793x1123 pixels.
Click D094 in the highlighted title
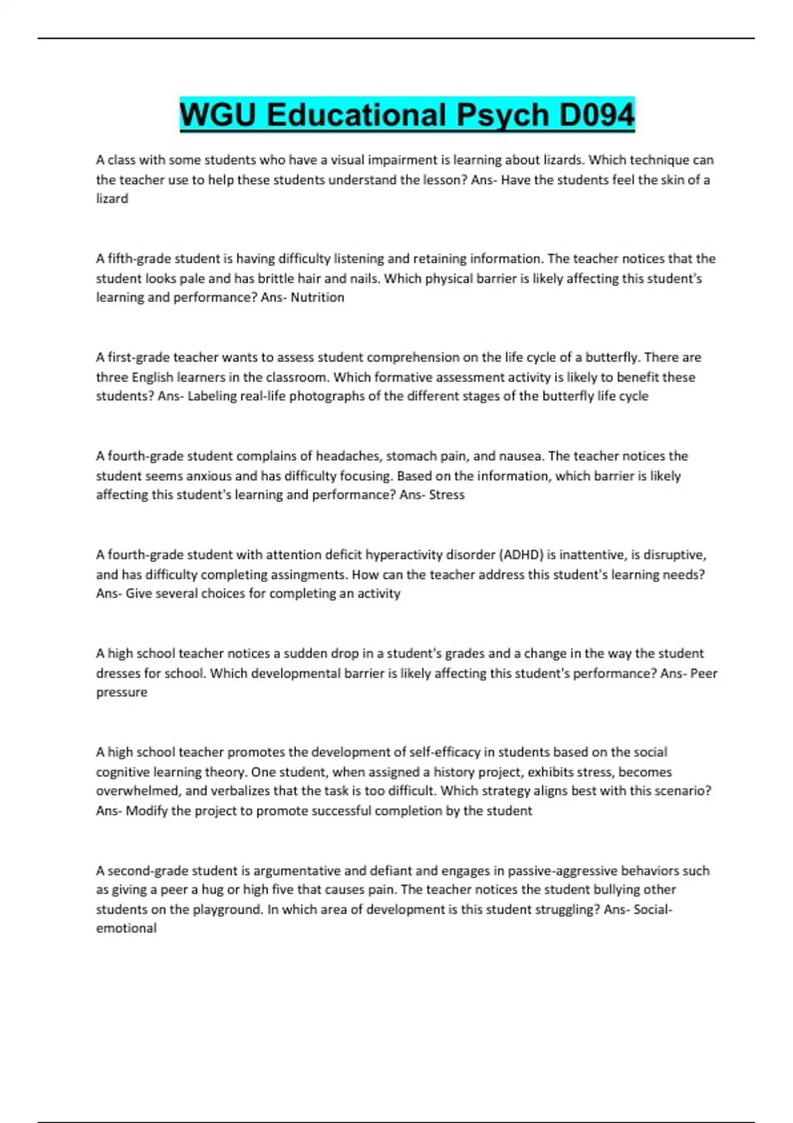point(596,115)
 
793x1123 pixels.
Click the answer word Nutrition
point(317,297)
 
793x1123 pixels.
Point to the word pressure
point(122,692)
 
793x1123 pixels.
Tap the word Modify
point(147,811)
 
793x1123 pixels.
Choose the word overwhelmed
point(137,791)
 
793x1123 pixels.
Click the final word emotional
point(126,928)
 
